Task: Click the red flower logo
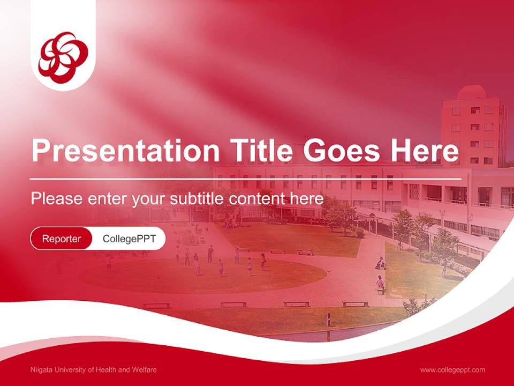[x=63, y=54]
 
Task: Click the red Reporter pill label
[x=62, y=239]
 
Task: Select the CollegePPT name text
[x=129, y=239]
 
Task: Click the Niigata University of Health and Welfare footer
[x=94, y=370]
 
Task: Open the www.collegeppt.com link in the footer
[x=452, y=370]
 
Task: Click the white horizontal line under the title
[x=246, y=179]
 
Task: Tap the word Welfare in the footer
[x=146, y=370]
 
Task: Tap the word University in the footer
[x=67, y=370]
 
